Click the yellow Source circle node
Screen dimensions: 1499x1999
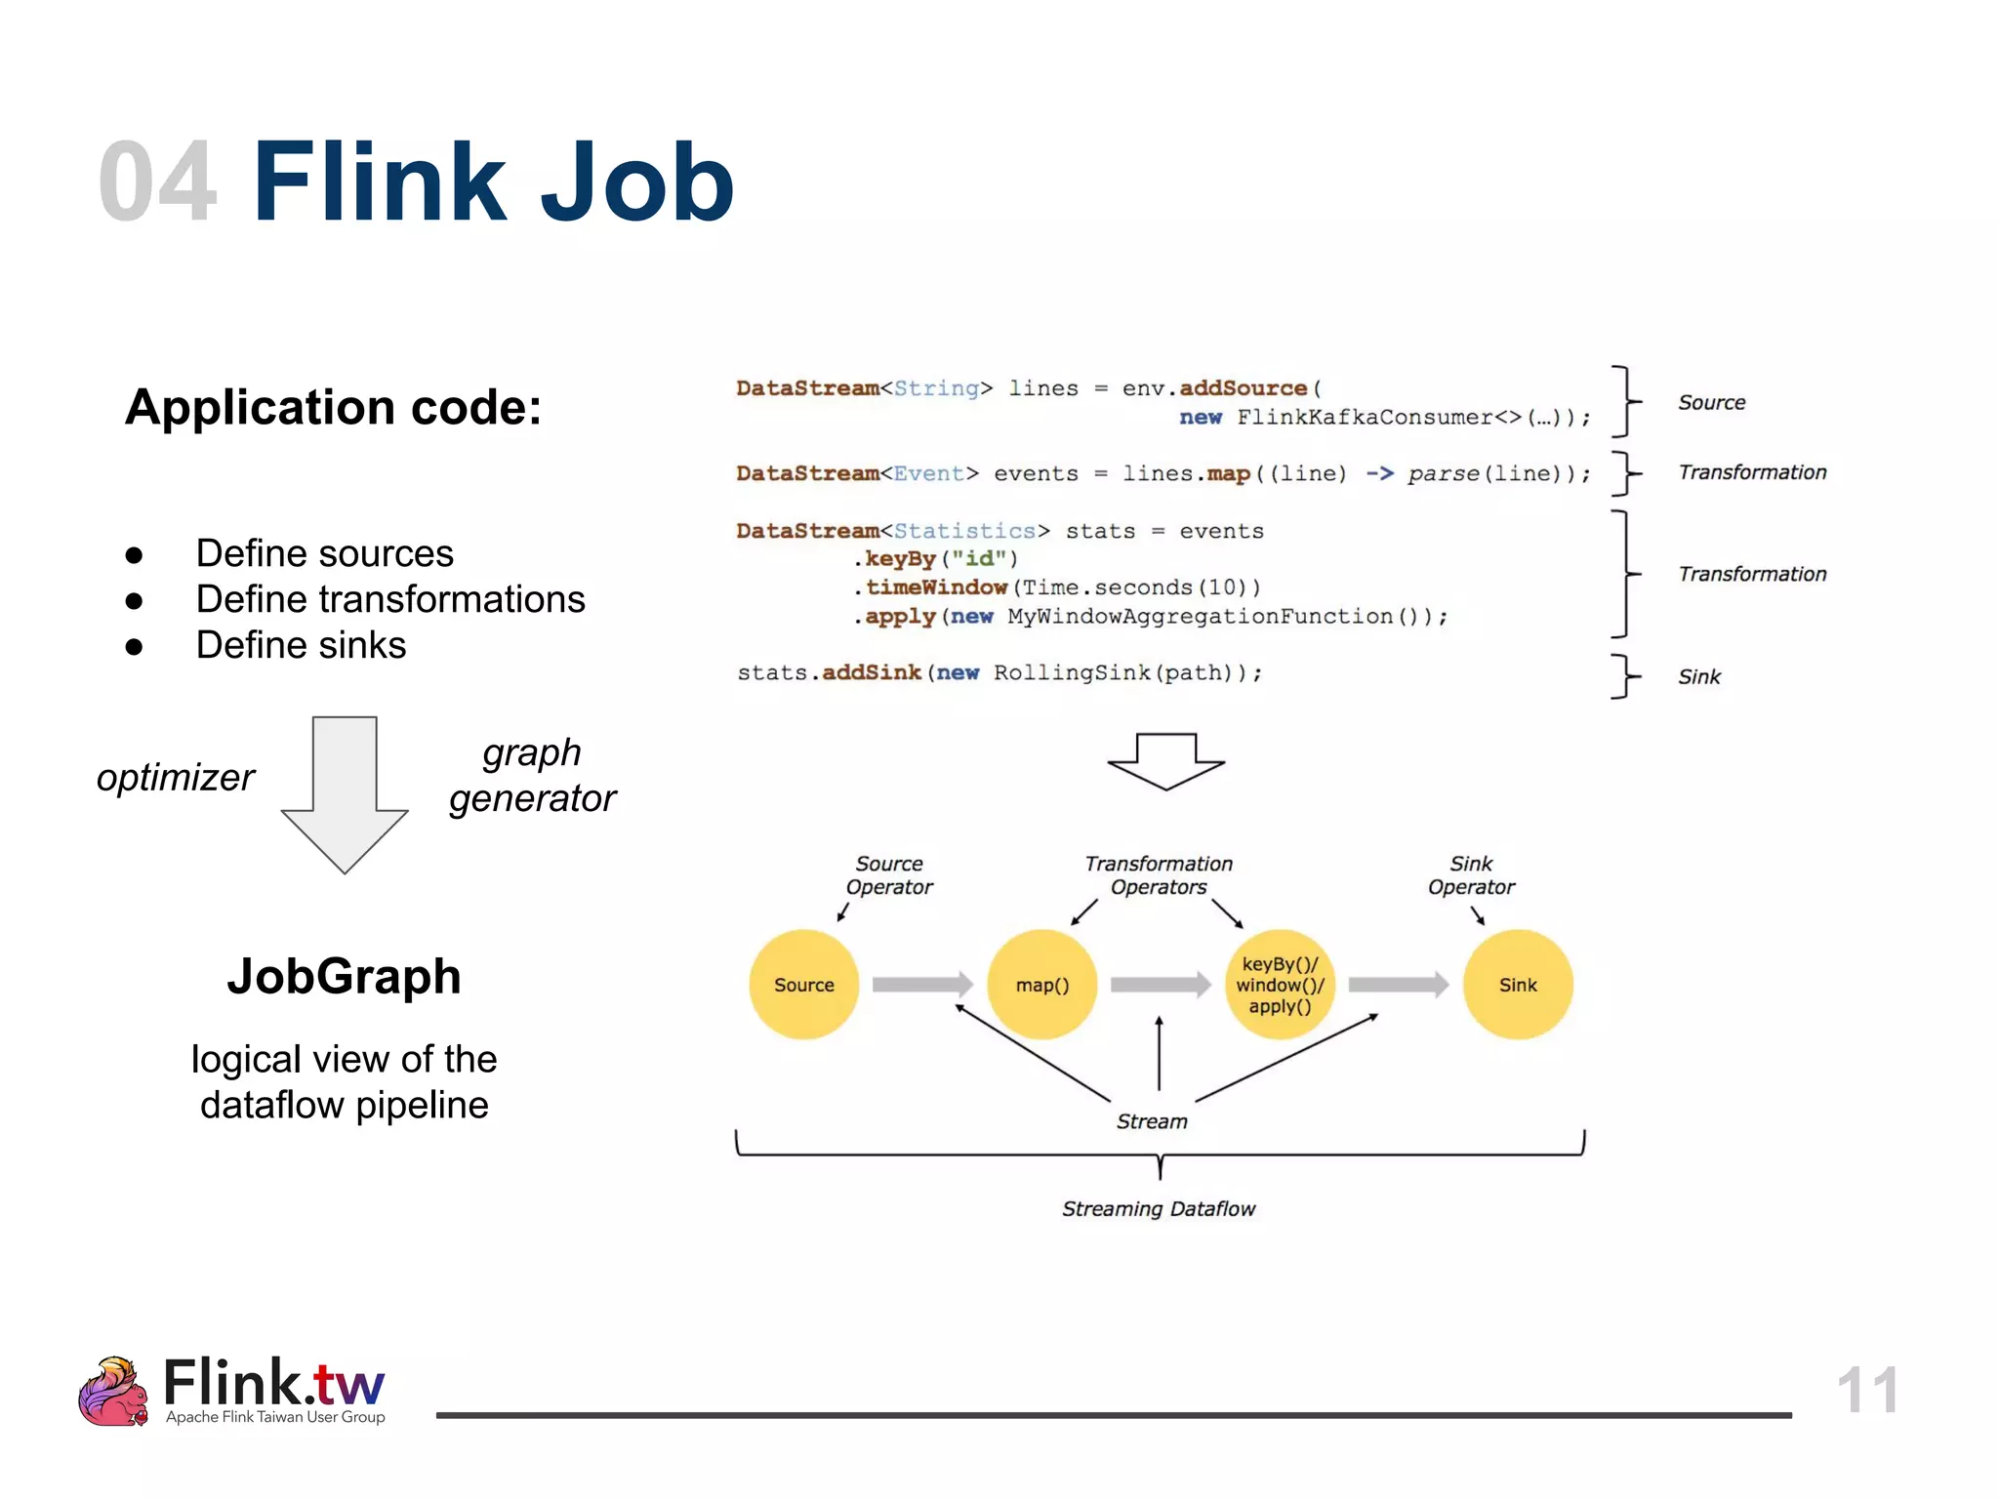[x=803, y=984]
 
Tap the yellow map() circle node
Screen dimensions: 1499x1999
[x=1041, y=984]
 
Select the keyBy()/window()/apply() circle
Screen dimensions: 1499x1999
[x=1280, y=984]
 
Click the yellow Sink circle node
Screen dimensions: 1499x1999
[x=1518, y=984]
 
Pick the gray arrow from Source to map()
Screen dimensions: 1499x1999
[x=921, y=984]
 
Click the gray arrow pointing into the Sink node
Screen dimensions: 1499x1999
[x=1398, y=984]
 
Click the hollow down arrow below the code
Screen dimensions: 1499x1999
[x=1165, y=761]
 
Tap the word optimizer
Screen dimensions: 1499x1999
[x=176, y=778]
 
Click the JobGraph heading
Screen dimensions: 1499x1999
[x=344, y=976]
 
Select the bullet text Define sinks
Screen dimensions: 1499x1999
[x=301, y=645]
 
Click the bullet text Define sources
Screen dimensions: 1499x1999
[x=324, y=553]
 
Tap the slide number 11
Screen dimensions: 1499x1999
[x=1866, y=1390]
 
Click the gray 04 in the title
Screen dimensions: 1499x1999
[x=156, y=182]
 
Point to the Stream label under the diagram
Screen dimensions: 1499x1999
[x=1152, y=1121]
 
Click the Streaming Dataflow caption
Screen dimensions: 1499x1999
[x=1159, y=1208]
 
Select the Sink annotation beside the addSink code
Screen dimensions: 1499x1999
[x=1698, y=676]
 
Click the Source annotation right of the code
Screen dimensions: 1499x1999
[x=1711, y=402]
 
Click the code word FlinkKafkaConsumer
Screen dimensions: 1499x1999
[x=1365, y=418]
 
